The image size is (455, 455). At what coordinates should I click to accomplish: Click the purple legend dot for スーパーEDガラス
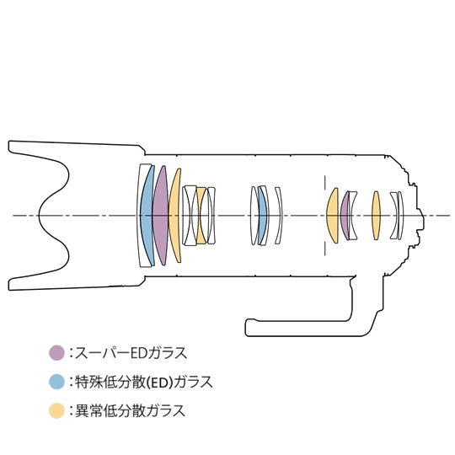[56, 352]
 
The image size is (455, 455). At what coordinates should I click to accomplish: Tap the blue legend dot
[56, 382]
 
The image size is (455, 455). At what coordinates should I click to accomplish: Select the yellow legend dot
[56, 410]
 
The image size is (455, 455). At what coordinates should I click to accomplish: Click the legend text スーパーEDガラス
[131, 353]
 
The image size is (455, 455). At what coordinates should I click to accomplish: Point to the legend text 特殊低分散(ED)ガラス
[144, 382]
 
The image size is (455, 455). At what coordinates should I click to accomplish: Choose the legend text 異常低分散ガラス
[130, 411]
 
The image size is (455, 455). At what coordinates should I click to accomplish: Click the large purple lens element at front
[160, 216]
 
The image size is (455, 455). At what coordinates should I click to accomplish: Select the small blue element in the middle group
[262, 216]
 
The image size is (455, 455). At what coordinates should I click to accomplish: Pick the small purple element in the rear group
[344, 216]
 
